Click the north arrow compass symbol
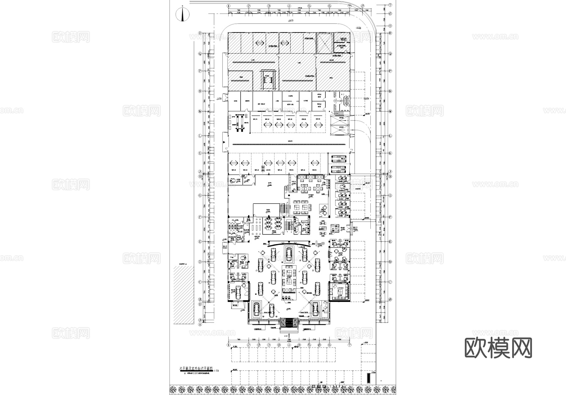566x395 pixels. click(182, 14)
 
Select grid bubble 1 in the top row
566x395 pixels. click(229, 6)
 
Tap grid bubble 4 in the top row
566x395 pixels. click(289, 6)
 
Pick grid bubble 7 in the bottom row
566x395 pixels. click(349, 345)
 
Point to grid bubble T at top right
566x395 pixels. click(390, 5)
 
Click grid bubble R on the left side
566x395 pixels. click(200, 33)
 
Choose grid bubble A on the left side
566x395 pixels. click(200, 324)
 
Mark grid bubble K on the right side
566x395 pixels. click(390, 153)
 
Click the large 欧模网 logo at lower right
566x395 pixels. click(498, 348)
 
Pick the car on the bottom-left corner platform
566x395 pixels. click(257, 310)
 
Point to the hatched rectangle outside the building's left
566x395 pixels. click(184, 295)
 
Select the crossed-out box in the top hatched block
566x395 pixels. click(324, 43)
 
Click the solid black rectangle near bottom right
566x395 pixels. click(369, 378)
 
